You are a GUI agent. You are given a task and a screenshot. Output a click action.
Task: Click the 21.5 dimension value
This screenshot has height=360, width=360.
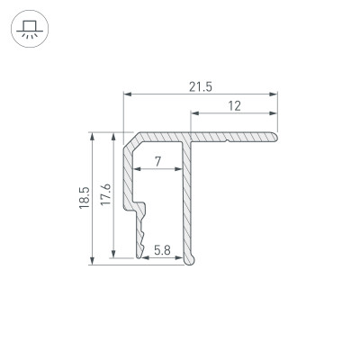(200, 85)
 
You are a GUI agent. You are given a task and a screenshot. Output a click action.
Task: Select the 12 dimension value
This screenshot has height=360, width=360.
(234, 105)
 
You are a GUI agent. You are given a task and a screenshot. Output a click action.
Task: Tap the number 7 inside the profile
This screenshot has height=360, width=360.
(157, 162)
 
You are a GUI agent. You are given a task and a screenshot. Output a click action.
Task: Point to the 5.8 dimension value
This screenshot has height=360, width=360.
(163, 248)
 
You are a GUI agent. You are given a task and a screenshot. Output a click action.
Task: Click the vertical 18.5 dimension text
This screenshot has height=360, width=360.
(84, 199)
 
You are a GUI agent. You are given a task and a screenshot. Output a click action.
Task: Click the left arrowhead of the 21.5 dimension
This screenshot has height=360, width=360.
(127, 94)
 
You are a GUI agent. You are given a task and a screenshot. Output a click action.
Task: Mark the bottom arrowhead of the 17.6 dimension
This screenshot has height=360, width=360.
(113, 254)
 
